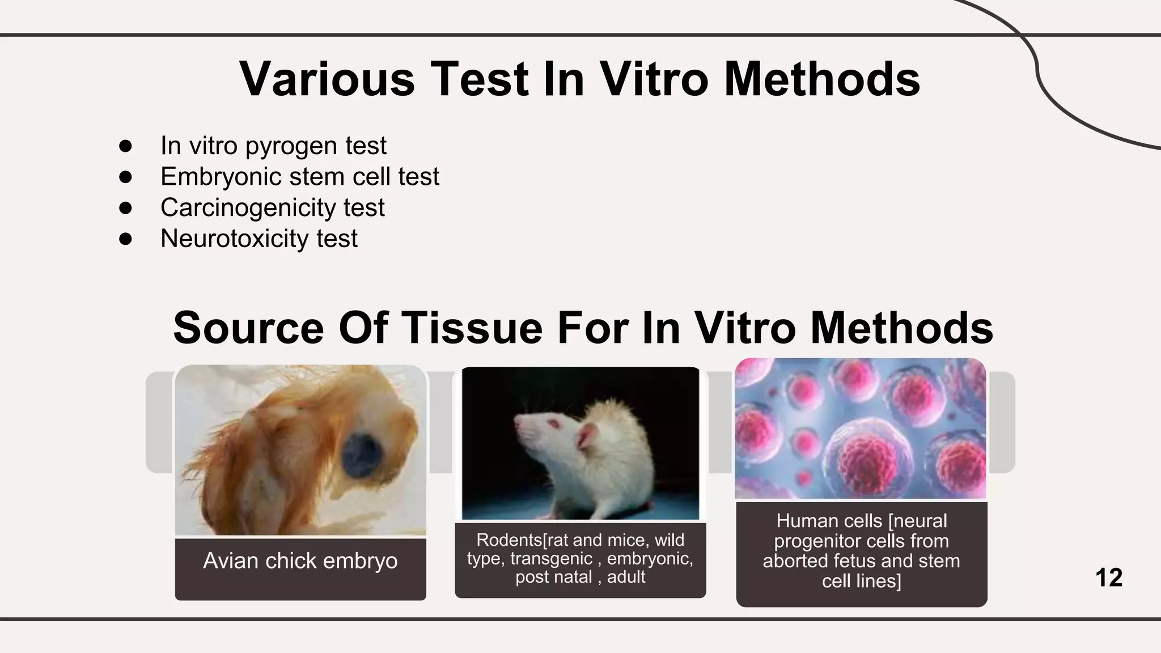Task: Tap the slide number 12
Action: pos(1108,578)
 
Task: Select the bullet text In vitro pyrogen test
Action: pos(273,146)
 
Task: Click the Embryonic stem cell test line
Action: pos(299,177)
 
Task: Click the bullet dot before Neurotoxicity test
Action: pos(125,239)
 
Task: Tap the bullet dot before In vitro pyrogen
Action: pos(125,146)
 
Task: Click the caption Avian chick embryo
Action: pos(300,561)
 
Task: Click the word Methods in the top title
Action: pos(821,79)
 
